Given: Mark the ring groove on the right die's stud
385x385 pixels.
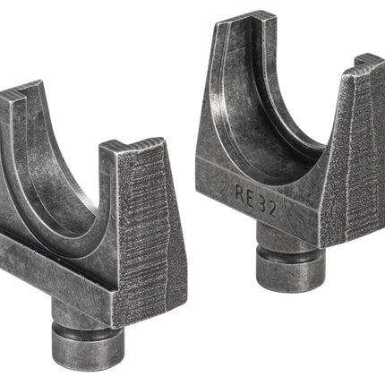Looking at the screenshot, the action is (x=290, y=253).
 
